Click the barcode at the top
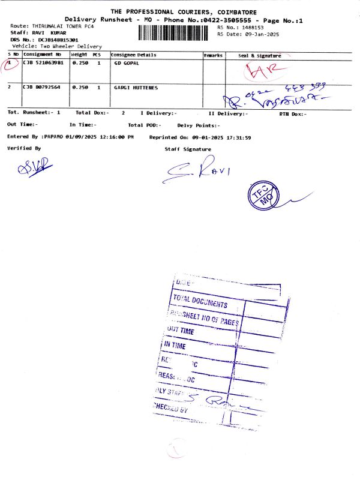tap(176, 32)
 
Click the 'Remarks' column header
tap(213, 55)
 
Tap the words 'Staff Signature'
tap(188, 149)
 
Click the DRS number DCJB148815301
tap(58, 40)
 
